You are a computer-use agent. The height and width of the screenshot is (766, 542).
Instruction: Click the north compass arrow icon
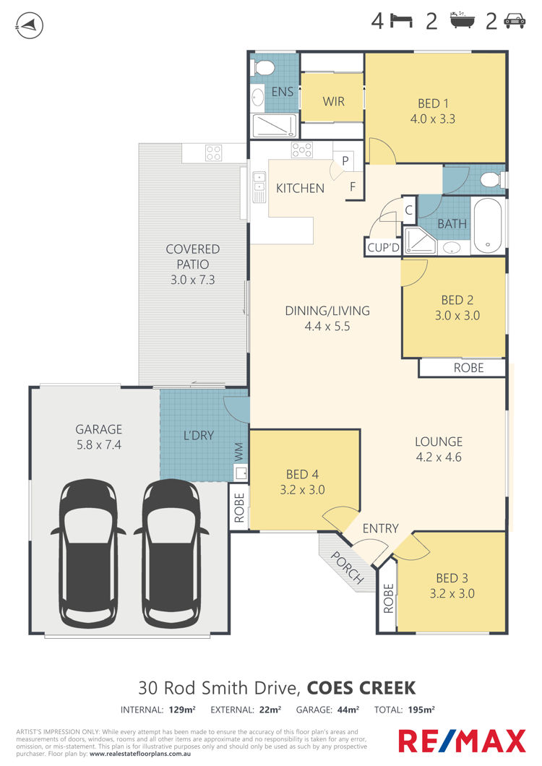click(x=30, y=25)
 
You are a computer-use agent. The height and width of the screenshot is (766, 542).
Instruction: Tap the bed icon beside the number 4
click(x=401, y=21)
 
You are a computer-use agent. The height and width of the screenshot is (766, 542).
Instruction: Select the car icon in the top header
click(x=514, y=21)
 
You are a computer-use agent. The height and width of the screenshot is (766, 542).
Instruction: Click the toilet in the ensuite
click(x=264, y=68)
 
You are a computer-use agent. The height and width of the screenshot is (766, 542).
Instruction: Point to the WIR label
click(x=333, y=102)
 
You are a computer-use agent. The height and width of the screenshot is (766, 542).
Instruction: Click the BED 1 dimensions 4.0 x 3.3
click(x=433, y=119)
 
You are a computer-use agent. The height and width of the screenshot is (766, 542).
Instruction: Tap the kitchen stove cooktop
click(x=302, y=150)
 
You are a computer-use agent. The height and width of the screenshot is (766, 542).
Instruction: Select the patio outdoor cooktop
click(x=214, y=153)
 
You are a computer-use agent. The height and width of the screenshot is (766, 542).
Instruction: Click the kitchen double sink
click(x=259, y=187)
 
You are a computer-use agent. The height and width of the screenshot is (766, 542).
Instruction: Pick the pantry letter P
click(x=345, y=160)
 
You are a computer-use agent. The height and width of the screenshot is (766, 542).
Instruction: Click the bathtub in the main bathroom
click(x=488, y=225)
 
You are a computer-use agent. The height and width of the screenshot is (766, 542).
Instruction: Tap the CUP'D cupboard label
click(x=383, y=248)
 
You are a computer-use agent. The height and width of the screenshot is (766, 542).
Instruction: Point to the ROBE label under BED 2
click(x=469, y=368)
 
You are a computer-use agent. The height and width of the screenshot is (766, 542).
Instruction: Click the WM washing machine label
click(x=239, y=452)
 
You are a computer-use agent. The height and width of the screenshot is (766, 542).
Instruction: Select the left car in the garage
click(x=88, y=553)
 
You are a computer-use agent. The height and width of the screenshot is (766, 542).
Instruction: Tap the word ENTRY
click(x=380, y=528)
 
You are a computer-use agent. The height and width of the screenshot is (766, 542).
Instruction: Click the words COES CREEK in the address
click(x=361, y=688)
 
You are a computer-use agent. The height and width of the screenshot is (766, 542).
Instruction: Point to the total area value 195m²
click(x=421, y=710)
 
